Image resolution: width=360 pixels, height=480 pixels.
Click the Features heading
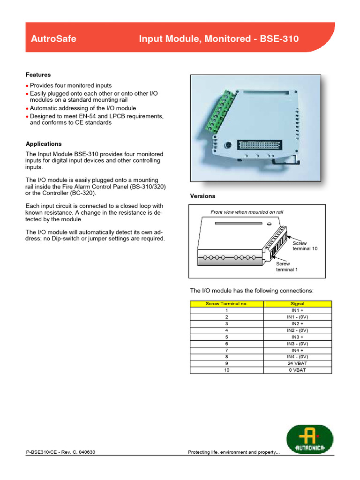38,75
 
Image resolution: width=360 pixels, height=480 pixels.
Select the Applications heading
44,144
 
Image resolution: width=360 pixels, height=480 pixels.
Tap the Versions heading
202,196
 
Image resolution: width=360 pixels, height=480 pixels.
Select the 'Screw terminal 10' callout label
305,246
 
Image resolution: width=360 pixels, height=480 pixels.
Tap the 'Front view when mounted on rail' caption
247,212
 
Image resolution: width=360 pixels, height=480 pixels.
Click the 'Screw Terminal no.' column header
226,304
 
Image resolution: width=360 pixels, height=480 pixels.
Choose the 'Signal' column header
297,304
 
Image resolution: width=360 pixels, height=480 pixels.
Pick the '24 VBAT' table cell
297,363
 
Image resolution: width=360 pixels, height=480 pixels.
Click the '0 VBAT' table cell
297,370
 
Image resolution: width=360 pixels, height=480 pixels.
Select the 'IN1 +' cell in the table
297,310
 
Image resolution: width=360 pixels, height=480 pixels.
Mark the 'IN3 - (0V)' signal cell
297,344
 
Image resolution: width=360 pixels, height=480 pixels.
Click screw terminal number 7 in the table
226,350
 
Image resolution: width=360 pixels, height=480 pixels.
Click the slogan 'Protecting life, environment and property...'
233,452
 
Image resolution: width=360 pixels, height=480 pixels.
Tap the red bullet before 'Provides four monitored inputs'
27,86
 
